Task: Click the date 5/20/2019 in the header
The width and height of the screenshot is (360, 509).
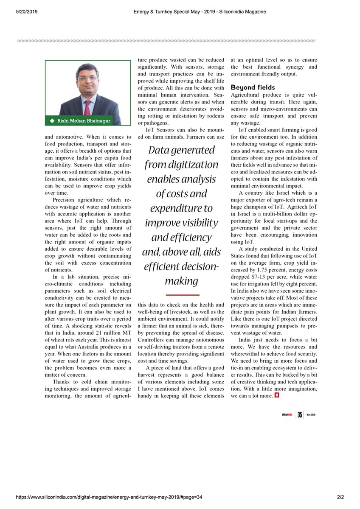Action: [27, 12]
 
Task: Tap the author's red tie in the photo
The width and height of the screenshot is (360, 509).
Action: [87, 107]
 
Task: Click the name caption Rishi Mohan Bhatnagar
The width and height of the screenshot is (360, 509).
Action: [84, 121]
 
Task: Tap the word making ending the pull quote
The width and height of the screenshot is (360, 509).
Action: [181, 281]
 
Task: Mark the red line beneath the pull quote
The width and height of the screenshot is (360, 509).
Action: [183, 294]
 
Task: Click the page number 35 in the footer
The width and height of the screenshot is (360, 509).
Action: [300, 415]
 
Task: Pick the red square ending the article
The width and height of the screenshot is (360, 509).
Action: [277, 395]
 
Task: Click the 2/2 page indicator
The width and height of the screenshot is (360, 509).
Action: [340, 497]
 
